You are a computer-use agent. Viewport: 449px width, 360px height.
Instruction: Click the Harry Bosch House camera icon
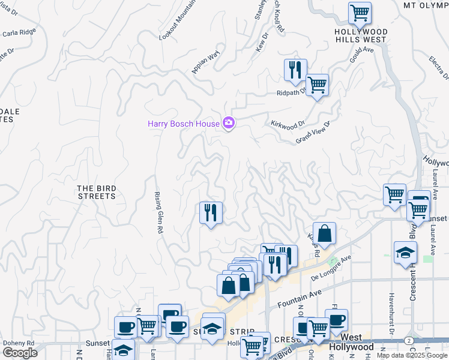[228, 123]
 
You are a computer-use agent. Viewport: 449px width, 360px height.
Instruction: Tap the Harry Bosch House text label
[184, 124]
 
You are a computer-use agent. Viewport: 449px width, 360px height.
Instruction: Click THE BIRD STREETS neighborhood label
[96, 192]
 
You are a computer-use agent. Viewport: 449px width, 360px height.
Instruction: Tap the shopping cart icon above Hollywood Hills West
[360, 13]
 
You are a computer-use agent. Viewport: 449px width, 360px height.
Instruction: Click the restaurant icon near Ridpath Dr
[295, 70]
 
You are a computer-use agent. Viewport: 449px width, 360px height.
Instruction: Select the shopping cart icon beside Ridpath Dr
[317, 85]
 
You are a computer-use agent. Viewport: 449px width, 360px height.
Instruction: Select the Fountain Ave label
[301, 298]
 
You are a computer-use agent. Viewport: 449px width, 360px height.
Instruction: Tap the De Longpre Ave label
[332, 269]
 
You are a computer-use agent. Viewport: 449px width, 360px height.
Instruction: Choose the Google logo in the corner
[20, 353]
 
